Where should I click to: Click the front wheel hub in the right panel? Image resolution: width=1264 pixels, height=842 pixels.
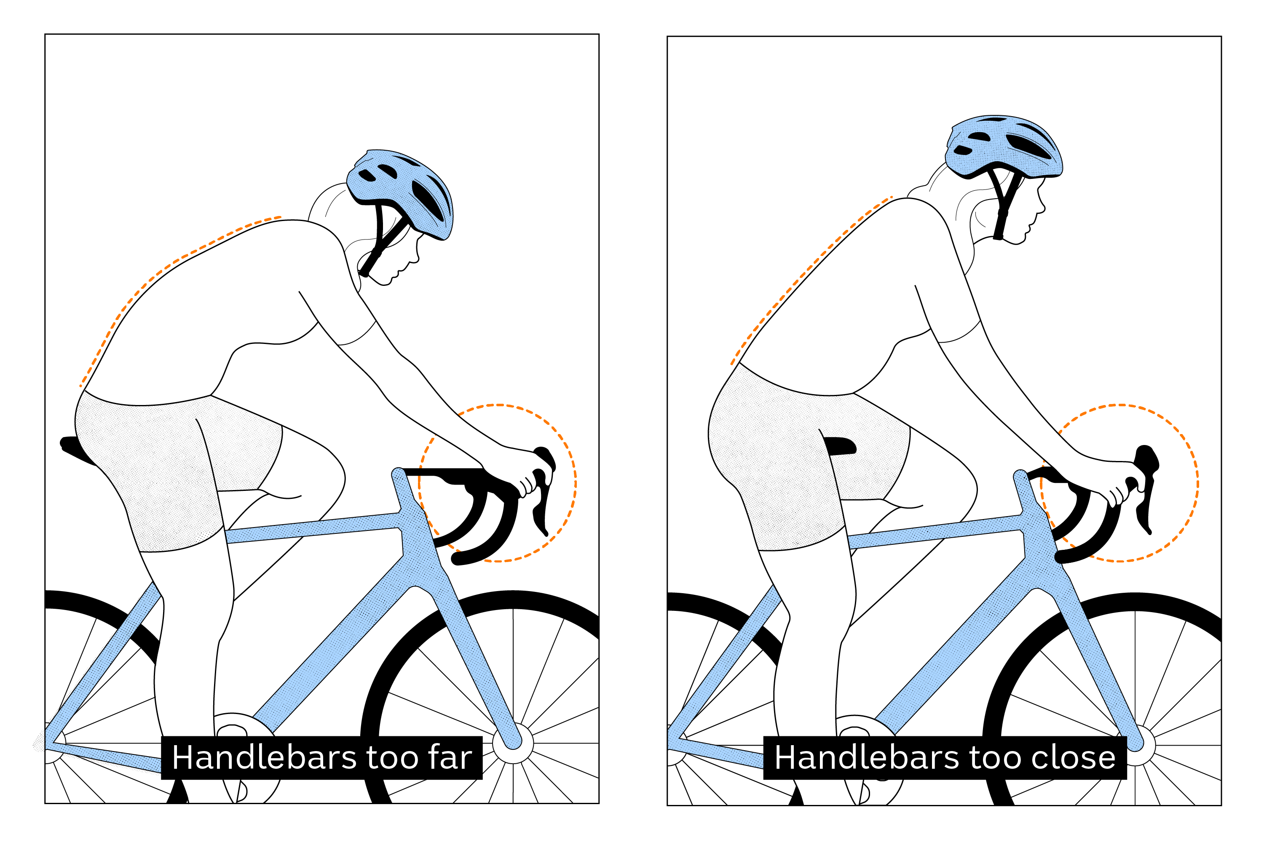[1135, 745]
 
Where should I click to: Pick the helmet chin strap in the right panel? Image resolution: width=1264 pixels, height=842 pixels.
[1002, 209]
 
